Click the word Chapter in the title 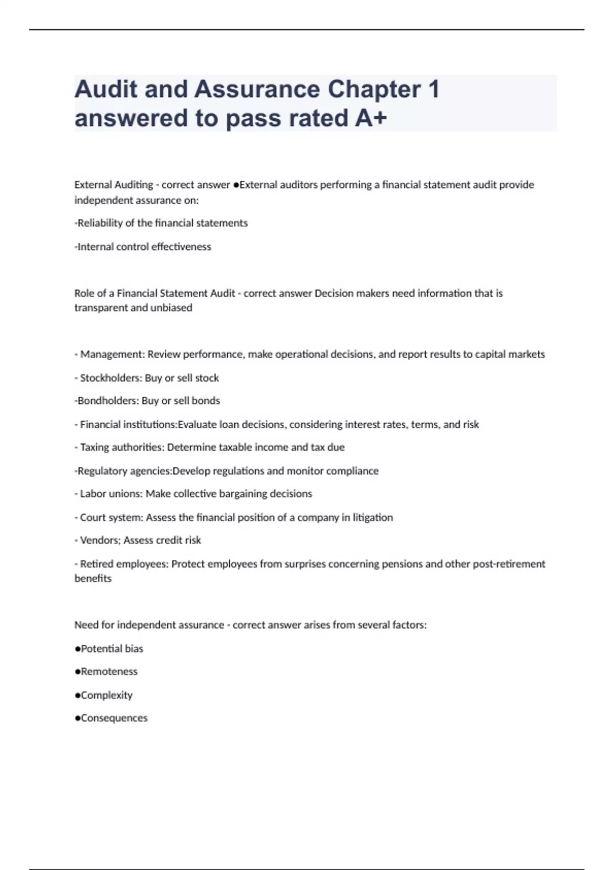(374, 90)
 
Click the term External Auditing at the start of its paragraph (114, 185)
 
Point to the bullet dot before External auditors (236, 185)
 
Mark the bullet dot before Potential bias (78, 649)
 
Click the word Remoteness (109, 671)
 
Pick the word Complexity (106, 695)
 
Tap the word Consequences (114, 718)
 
